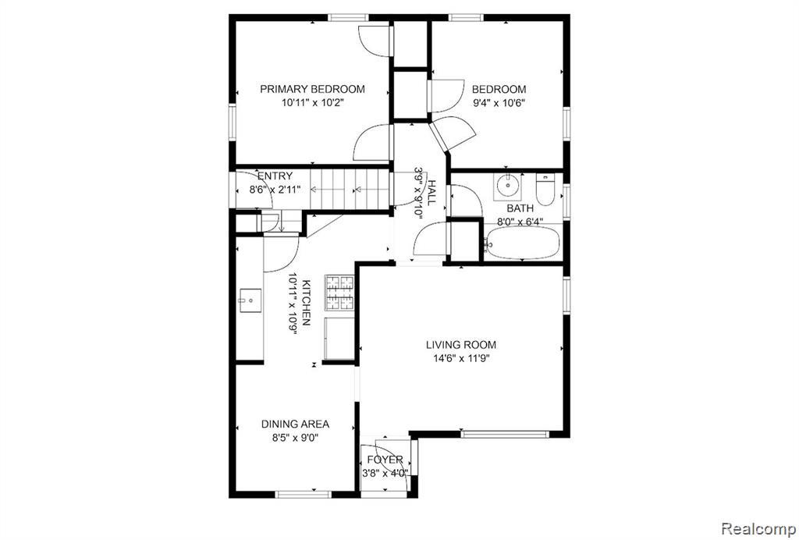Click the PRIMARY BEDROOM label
click(312, 89)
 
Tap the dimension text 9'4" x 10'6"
click(499, 103)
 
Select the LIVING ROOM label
click(461, 345)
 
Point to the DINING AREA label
click(295, 424)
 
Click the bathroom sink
click(507, 187)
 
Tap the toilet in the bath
click(545, 190)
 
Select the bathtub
click(522, 243)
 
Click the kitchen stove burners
click(339, 293)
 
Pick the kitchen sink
click(250, 300)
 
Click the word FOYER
click(385, 460)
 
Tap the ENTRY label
click(275, 176)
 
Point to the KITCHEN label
click(306, 303)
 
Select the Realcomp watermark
click(759, 528)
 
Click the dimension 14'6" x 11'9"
click(461, 358)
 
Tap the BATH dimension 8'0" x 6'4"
click(520, 222)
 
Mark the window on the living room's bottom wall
click(505, 435)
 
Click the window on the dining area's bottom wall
click(303, 494)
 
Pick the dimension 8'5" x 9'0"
click(295, 438)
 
